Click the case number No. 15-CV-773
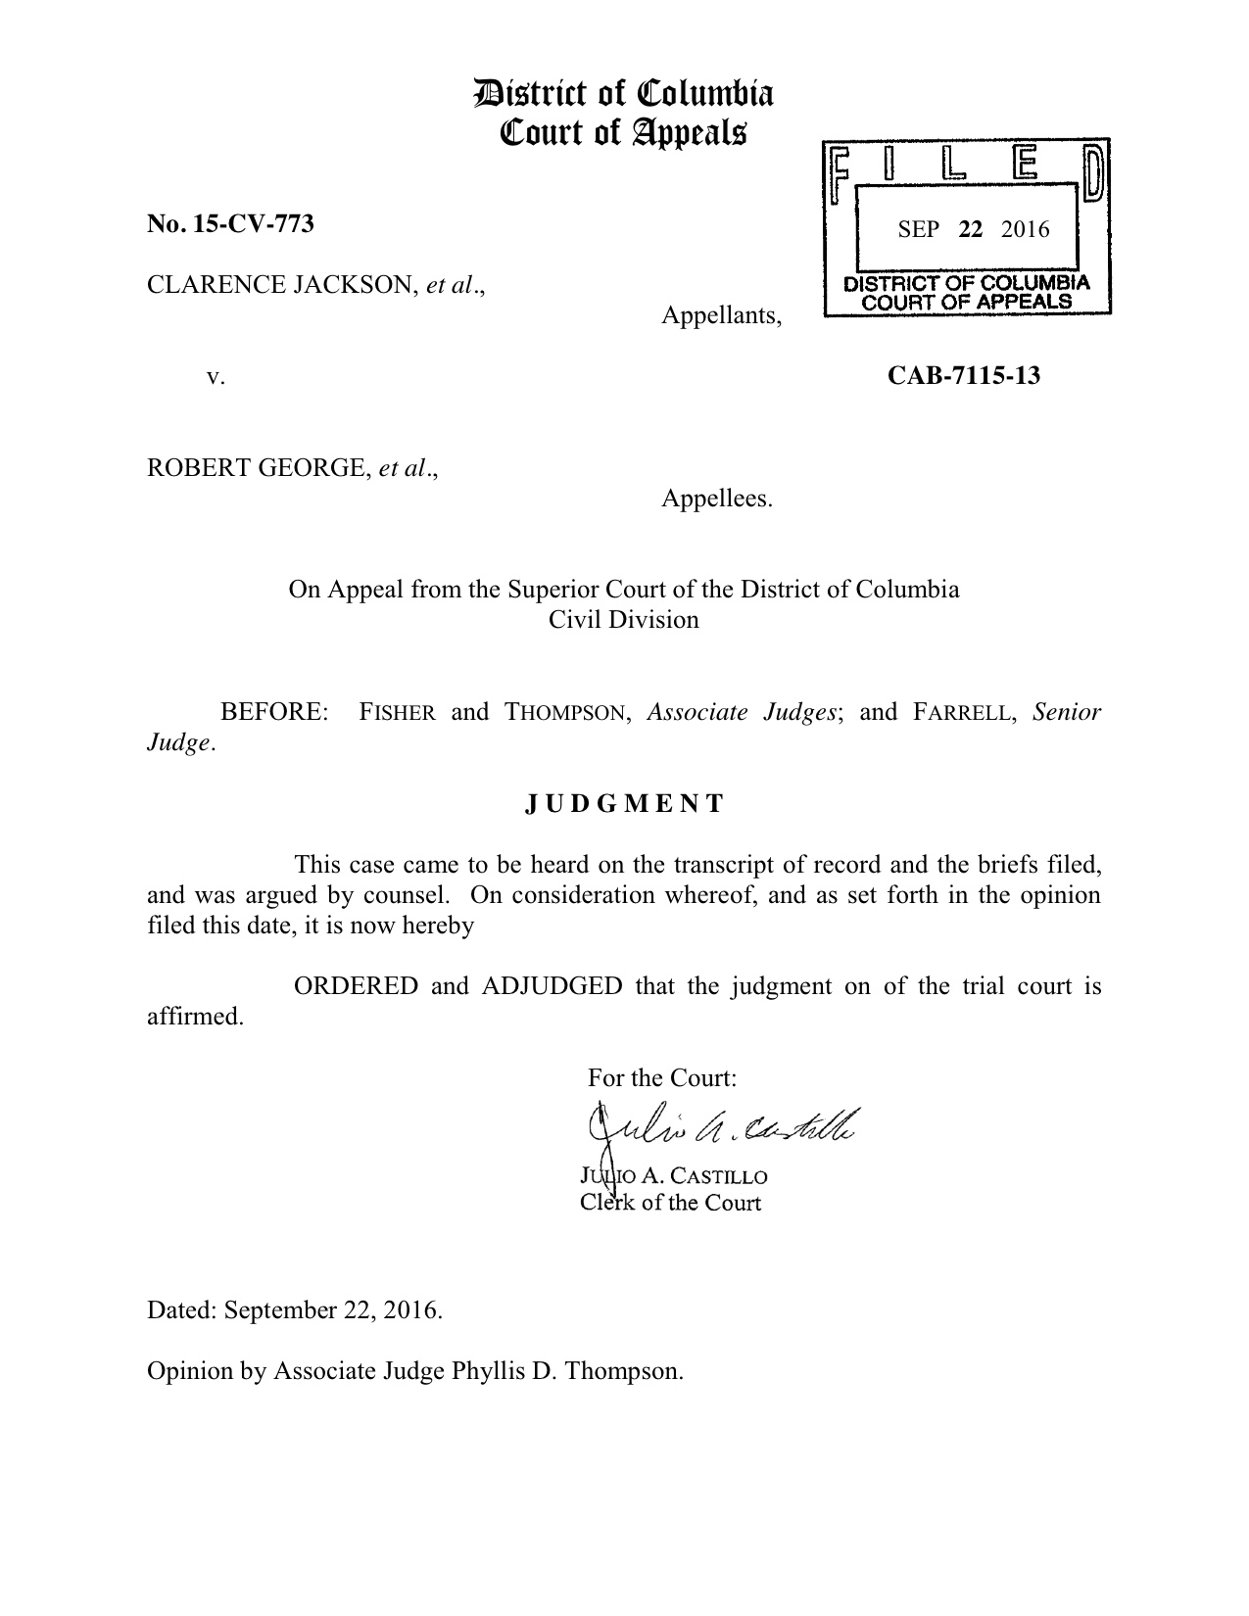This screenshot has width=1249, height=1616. pos(230,224)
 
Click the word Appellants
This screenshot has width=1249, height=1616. pos(721,316)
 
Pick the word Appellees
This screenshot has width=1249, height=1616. pos(716,499)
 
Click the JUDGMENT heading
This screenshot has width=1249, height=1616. pos(624,804)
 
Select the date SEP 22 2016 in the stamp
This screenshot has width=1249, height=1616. pos(973,230)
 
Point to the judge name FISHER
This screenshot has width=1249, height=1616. pos(397,713)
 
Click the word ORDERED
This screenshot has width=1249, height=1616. pos(357,986)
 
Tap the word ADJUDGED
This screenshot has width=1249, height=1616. pos(552,986)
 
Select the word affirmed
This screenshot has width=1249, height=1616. pos(195,1017)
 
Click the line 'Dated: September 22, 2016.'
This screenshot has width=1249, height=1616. pos(295,1310)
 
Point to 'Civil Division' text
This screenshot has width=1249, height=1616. pos(624,620)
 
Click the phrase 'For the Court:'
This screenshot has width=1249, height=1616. pos(661,1078)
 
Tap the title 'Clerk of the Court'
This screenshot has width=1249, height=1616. pos(670,1202)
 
